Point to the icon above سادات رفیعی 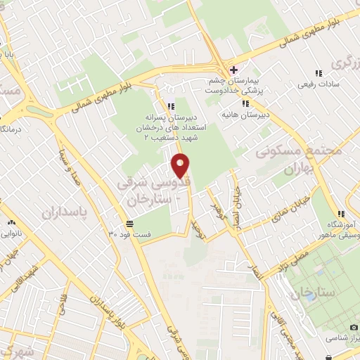pos(319,73)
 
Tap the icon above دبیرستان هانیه pos(245,103)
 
